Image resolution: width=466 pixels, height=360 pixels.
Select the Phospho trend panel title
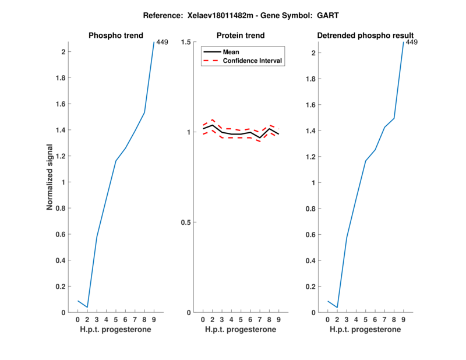pos(115,36)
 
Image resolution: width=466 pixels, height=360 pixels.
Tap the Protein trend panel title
pos(241,36)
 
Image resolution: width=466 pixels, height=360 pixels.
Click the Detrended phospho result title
pos(365,36)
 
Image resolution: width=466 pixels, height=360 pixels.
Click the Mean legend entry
pos(231,52)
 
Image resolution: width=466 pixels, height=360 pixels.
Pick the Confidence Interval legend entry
pos(253,61)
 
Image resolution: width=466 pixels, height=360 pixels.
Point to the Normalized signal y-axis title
pos(51,177)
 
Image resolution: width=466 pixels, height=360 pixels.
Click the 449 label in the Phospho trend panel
pos(163,42)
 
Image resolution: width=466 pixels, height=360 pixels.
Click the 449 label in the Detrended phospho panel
pos(412,42)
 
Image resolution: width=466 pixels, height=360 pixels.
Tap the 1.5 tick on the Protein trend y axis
pos(186,42)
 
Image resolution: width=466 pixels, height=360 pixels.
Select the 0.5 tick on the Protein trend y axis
pos(186,223)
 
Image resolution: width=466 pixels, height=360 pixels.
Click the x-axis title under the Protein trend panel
pos(241,330)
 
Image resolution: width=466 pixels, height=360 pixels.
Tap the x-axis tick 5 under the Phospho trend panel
pos(116,319)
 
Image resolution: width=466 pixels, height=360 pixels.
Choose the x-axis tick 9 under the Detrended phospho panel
pos(403,319)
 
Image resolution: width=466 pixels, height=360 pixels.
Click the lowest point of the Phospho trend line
pos(87,307)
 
